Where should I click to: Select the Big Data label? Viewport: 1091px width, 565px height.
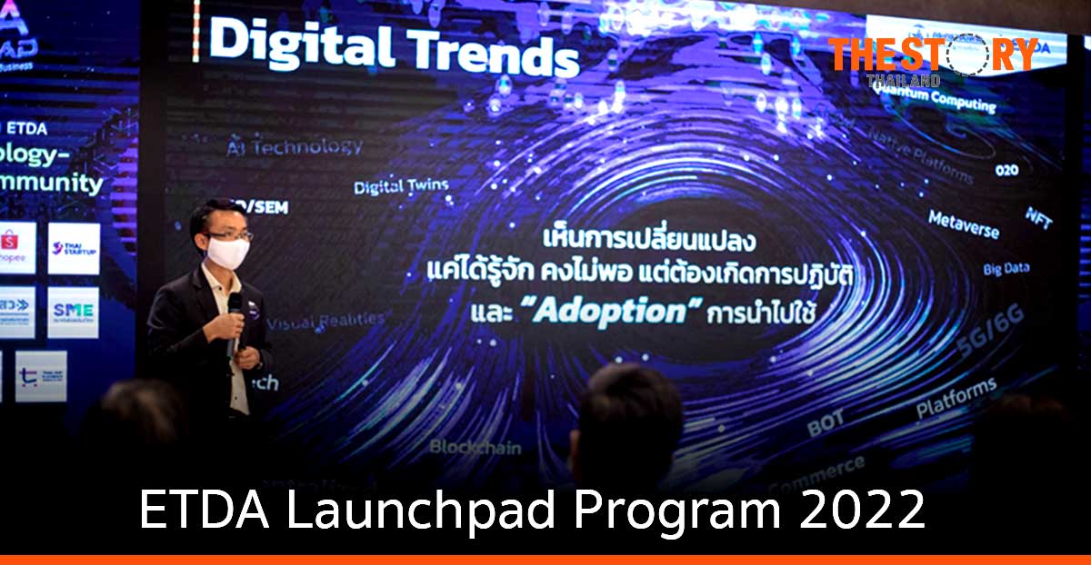(x=1006, y=270)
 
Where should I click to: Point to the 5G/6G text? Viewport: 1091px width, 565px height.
(x=989, y=332)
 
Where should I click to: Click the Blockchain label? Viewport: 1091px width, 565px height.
(x=475, y=447)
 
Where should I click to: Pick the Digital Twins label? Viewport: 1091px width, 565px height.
(x=401, y=187)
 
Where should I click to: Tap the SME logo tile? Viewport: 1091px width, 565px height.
(x=74, y=312)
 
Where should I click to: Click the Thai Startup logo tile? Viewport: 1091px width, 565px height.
(x=74, y=248)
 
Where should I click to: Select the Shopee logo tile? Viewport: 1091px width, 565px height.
(x=15, y=247)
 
